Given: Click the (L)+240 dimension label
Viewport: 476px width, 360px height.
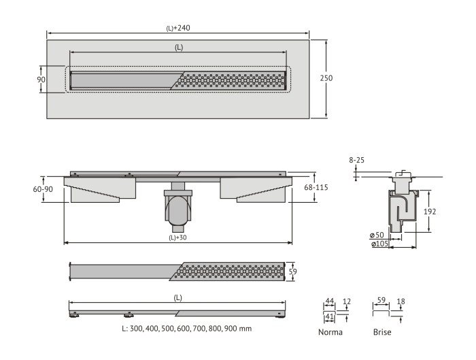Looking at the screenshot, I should coord(177,28).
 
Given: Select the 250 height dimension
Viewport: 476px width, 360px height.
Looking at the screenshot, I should coord(326,78).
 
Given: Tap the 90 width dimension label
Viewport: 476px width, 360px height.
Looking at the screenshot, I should coord(41,80).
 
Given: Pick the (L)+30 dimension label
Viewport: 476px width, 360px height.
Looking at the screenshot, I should coord(178,238).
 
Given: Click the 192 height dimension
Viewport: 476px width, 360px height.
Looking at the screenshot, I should coord(429,212).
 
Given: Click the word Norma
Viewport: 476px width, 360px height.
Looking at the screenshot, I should coord(330,332).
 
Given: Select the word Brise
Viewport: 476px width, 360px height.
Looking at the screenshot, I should coord(382,332).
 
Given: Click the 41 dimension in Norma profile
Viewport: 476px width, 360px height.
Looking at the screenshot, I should coord(330,316).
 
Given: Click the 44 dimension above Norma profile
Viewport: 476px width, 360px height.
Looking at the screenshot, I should coord(330,301).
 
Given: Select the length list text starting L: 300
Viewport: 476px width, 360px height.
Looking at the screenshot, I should coord(186,327).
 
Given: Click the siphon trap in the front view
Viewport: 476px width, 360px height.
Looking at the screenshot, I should coord(178,208).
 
